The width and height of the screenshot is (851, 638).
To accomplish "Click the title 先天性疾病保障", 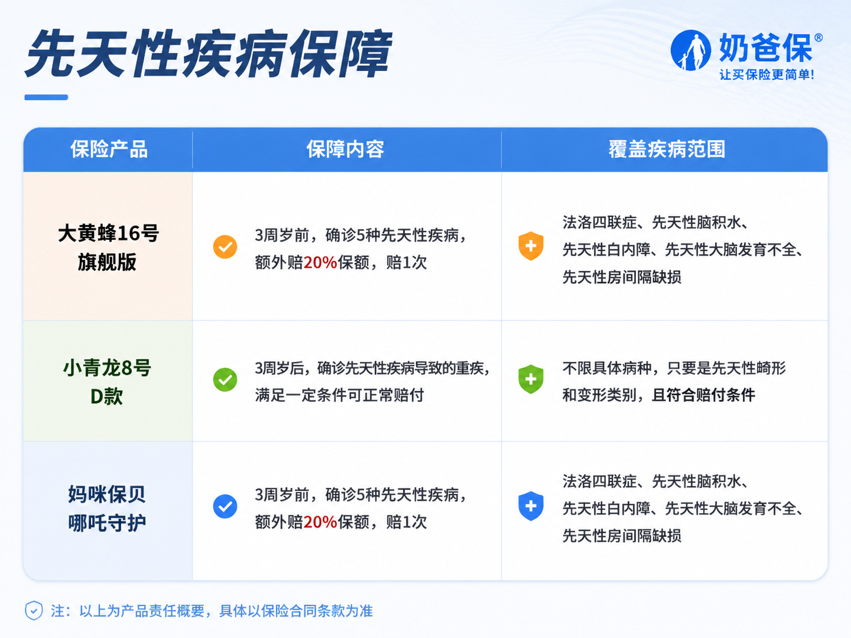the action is pos(209,53).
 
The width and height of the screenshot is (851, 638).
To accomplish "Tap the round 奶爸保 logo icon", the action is pos(691,51).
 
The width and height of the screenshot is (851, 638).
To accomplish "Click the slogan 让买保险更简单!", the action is pos(766,75).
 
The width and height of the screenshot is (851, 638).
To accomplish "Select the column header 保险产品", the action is pos(109,149).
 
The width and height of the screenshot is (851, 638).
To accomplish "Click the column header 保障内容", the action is pos(345,149).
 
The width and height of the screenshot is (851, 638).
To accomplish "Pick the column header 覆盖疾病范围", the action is pos(666,149).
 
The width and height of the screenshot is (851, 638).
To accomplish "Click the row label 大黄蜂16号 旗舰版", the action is pos(108,247).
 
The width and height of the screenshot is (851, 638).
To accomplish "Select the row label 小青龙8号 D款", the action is pos(107,381).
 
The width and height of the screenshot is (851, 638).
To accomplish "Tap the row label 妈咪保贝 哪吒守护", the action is pos(107,508).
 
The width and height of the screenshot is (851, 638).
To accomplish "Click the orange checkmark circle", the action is pos(225,247).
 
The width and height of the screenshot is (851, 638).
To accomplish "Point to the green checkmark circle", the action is pos(225,380).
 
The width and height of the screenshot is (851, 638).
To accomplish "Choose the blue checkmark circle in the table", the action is pos(225,506).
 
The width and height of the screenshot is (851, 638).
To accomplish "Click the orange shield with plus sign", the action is pos(531,246).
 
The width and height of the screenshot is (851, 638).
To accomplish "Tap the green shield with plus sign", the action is pos(531,379).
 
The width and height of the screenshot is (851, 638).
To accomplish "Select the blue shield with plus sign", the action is pos(531,506).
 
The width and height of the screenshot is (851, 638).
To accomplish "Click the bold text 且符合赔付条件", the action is pos(703,395).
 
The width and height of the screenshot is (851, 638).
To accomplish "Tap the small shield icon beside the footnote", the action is pos(33,610).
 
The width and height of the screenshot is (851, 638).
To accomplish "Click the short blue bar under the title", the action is pos(46,98).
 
